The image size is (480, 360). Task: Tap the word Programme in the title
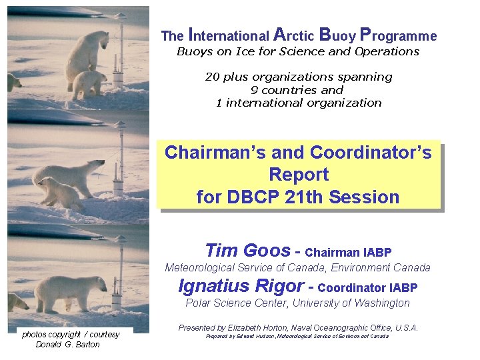(x=398, y=35)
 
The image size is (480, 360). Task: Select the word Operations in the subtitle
(x=387, y=51)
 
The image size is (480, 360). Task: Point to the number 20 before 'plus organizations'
(x=212, y=77)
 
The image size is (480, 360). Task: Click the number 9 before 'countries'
(x=254, y=89)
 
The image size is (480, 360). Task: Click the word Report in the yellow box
(x=299, y=175)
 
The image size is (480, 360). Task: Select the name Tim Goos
(x=247, y=251)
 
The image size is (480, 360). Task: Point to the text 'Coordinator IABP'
(x=368, y=288)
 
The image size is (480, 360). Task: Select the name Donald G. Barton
(x=67, y=345)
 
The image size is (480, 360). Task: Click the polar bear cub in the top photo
(x=89, y=84)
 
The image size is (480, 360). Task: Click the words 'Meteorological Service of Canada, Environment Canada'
(x=297, y=268)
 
